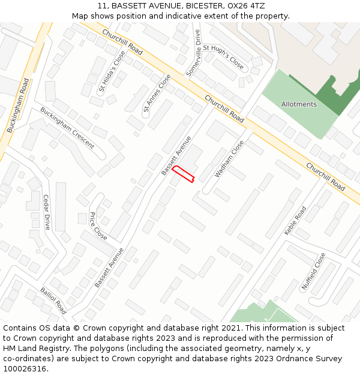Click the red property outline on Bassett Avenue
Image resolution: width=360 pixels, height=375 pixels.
[x=184, y=173]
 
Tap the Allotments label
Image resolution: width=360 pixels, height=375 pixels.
[x=299, y=104]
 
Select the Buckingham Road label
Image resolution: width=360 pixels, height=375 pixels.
[x=18, y=106]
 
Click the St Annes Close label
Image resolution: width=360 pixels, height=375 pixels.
[x=157, y=93]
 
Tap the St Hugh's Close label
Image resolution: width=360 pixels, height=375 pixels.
[x=223, y=56]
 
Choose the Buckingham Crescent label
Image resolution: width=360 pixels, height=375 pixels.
[x=67, y=128]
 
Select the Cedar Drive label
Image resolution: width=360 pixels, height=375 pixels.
[x=47, y=212]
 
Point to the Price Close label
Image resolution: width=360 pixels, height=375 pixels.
[x=98, y=226]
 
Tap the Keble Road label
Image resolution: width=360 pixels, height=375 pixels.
[x=295, y=220]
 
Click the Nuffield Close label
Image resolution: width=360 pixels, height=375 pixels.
[x=313, y=271]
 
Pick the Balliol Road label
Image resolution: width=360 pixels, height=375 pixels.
[x=53, y=301]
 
